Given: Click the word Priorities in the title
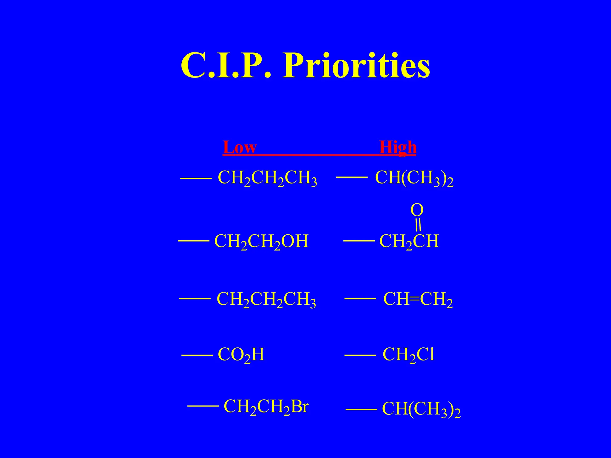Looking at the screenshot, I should (x=357, y=66).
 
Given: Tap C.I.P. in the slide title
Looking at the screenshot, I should (x=226, y=66).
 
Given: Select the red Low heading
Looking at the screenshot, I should (x=240, y=147).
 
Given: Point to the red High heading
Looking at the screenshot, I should (x=397, y=147).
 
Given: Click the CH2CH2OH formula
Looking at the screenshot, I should (x=261, y=242).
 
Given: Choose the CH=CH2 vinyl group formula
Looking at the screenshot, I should (x=418, y=299).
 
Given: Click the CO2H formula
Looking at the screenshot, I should (x=241, y=355).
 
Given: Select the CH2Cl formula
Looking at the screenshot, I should (x=408, y=355).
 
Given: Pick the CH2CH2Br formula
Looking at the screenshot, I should (x=266, y=407).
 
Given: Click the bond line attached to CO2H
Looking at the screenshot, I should (x=197, y=355).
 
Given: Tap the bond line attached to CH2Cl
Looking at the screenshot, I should (x=360, y=355).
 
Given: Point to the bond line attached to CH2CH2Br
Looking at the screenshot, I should (x=203, y=406).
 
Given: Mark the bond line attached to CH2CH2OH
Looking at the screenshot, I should (x=193, y=241).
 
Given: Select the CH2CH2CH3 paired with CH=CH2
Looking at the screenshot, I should (x=266, y=299).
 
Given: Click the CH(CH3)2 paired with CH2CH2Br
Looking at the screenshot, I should (x=421, y=409).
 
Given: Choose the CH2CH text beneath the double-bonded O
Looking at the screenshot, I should (x=409, y=242).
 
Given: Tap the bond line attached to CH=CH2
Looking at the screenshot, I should (x=360, y=298).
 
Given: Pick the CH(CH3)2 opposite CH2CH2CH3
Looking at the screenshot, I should (x=414, y=178).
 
